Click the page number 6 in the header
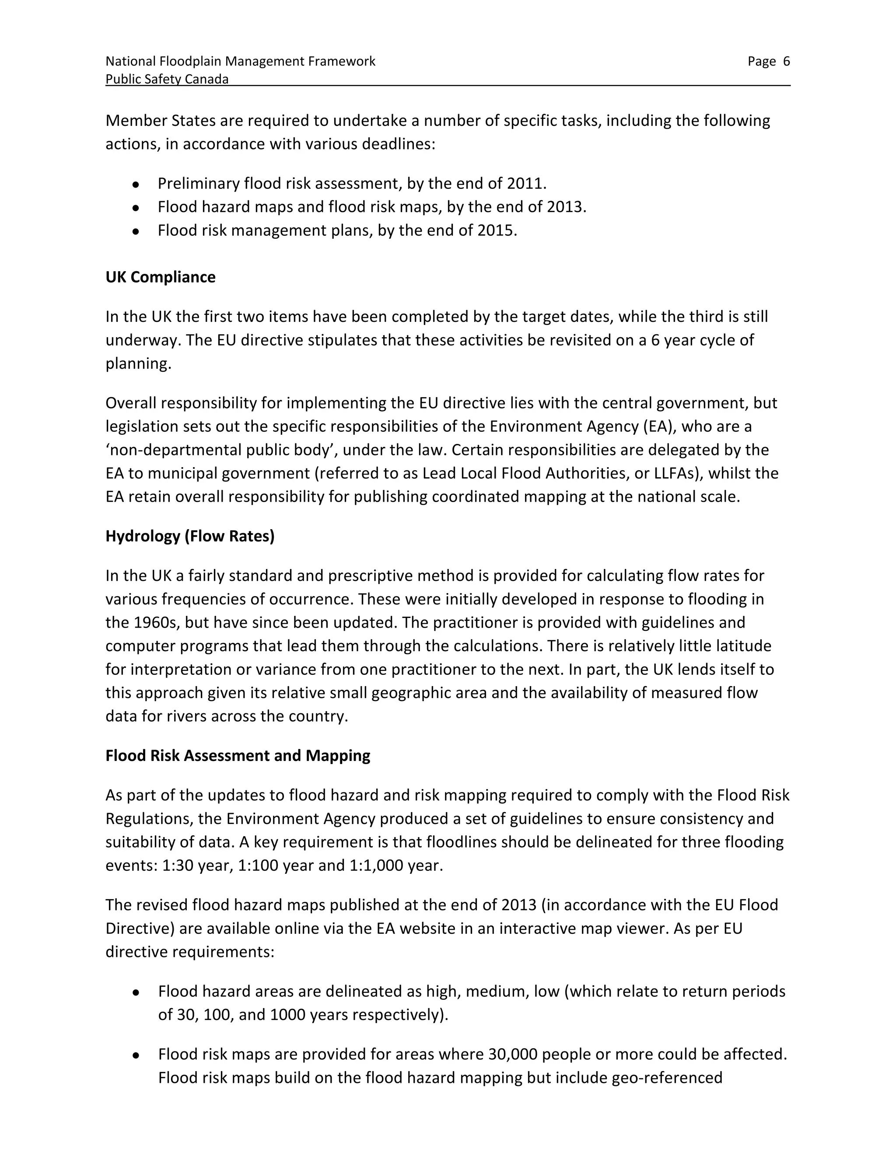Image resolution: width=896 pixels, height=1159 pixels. pos(786,62)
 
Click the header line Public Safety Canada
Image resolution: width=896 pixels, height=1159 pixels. pos(167,80)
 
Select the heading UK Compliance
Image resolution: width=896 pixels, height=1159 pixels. pos(160,277)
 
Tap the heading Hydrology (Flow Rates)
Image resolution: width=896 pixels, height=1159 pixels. pos(190,536)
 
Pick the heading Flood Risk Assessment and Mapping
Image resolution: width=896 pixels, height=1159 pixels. pos(238,756)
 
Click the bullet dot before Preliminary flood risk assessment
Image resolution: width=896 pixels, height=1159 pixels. pos(136,185)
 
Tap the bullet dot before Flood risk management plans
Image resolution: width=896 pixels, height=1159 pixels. pos(136,231)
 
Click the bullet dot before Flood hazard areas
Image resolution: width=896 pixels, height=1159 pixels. pos(136,992)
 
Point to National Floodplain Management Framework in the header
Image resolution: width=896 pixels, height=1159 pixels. pos(240,62)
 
